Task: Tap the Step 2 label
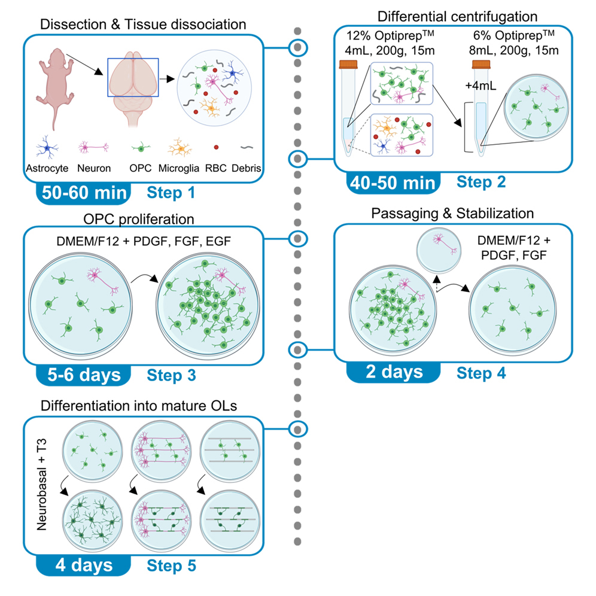click(481, 182)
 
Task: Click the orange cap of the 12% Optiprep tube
click(348, 63)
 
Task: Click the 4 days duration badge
click(81, 564)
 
